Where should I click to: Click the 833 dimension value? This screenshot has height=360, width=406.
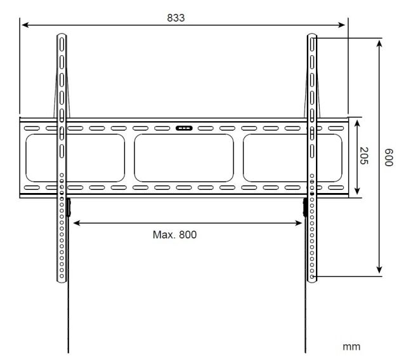(x=176, y=18)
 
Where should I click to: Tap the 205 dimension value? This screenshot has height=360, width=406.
(x=364, y=156)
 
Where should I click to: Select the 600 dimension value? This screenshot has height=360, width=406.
(x=389, y=157)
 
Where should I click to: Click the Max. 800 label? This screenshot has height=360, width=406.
(x=175, y=234)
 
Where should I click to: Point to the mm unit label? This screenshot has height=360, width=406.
(x=351, y=347)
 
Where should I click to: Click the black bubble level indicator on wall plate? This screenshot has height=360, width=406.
(x=184, y=128)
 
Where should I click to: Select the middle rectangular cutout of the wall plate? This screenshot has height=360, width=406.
(x=184, y=158)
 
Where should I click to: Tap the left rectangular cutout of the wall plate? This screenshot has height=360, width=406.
(x=75, y=158)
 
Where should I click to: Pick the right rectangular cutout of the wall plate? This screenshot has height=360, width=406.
(x=292, y=158)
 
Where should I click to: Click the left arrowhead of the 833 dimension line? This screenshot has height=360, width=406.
(x=25, y=25)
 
